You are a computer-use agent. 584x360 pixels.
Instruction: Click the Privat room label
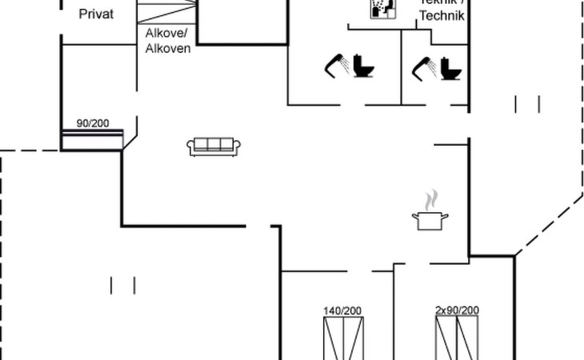(x=95, y=14)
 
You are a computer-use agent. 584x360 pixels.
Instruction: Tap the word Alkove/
(x=166, y=34)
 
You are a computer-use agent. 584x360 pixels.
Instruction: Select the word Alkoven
(x=167, y=48)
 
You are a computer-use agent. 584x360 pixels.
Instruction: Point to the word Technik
(x=441, y=16)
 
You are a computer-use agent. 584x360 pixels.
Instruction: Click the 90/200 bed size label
(x=93, y=123)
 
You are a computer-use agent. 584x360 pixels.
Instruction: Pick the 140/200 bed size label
(x=342, y=310)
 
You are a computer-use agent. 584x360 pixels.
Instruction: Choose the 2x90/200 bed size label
(x=457, y=310)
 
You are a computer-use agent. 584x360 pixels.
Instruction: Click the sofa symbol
(x=214, y=146)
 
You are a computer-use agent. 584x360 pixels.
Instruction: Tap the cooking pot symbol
(x=430, y=220)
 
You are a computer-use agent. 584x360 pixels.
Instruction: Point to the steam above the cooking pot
(x=431, y=198)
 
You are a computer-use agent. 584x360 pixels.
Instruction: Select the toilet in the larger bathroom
(x=366, y=66)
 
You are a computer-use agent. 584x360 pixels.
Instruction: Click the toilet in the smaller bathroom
(x=452, y=68)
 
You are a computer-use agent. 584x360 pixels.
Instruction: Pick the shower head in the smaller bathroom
(x=423, y=68)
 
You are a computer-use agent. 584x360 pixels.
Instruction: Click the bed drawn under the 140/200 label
(x=343, y=338)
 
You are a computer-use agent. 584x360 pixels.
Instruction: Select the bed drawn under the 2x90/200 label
(x=457, y=338)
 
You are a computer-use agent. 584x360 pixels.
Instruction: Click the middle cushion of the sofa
(x=214, y=144)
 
